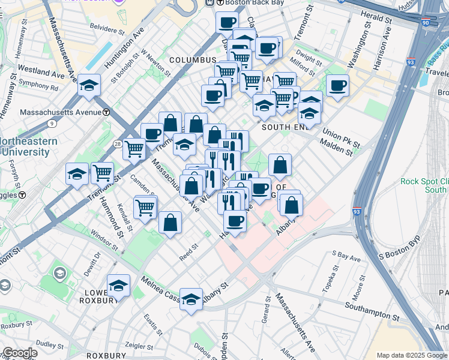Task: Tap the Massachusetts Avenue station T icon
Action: click(106, 112)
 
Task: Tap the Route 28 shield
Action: click(116, 143)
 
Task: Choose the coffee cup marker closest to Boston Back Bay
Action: click(226, 23)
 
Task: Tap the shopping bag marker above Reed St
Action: click(170, 223)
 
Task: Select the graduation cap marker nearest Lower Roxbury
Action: click(118, 286)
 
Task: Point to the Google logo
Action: click(19, 353)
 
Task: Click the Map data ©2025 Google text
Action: click(411, 355)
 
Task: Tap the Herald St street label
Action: click(376, 19)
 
